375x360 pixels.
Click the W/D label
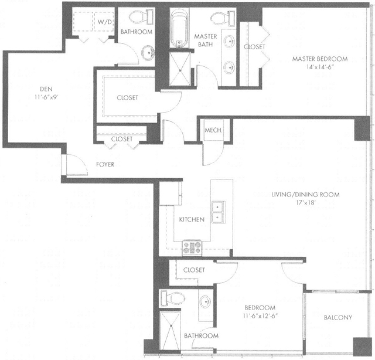pos(105,22)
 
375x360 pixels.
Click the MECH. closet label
pos(212,131)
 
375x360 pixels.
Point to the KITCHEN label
pos(192,219)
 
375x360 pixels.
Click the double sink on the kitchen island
pos(219,212)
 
